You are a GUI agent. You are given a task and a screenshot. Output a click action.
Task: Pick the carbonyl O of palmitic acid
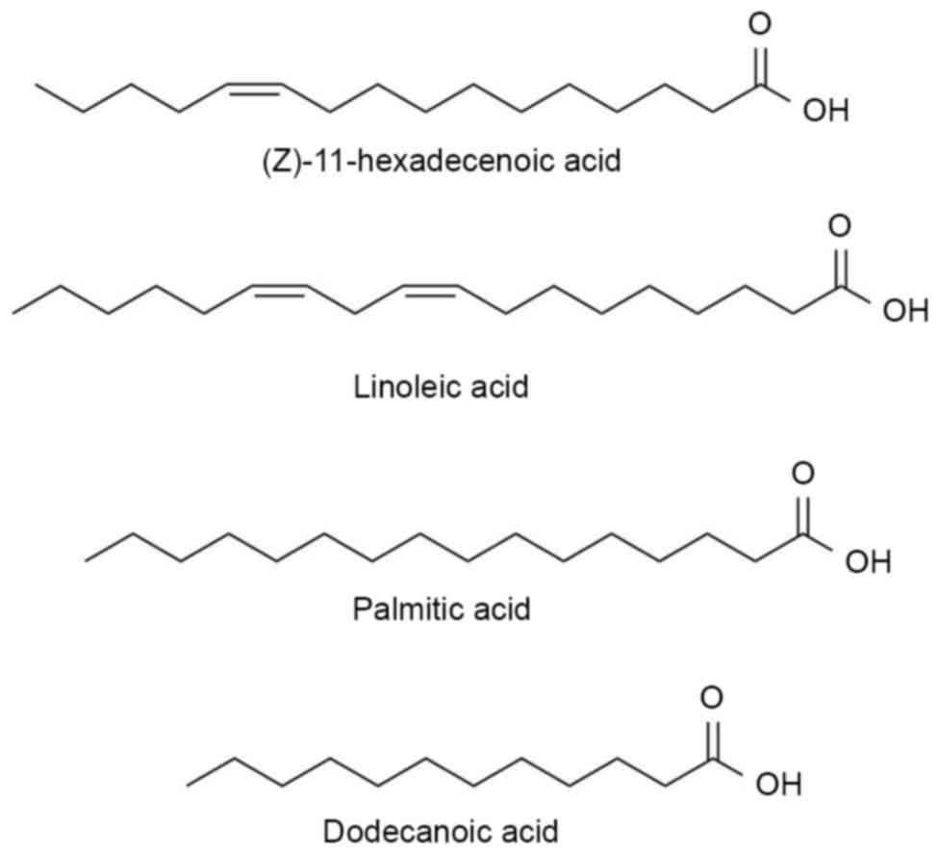pyautogui.click(x=803, y=475)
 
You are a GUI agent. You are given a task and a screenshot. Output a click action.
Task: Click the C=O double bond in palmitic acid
pyautogui.click(x=803, y=510)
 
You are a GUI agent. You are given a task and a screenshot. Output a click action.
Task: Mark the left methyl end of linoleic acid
pyautogui.click(x=15, y=311)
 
